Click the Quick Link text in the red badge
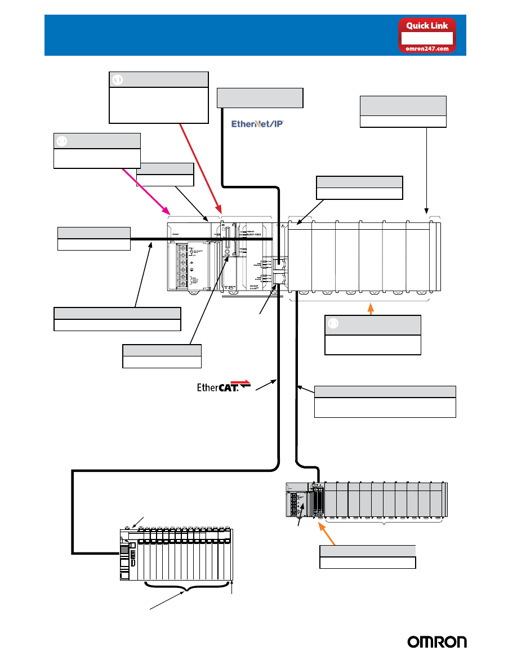click(x=427, y=25)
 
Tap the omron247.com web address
click(x=427, y=48)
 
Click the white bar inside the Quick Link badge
click(x=427, y=38)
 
